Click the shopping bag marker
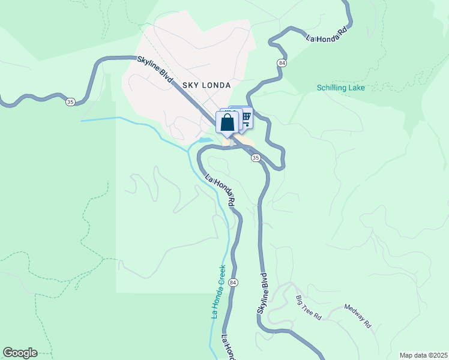(x=227, y=122)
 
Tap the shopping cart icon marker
(x=245, y=117)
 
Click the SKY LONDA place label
(x=203, y=85)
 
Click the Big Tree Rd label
(x=309, y=307)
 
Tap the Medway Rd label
(x=358, y=319)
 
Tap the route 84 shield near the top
(x=281, y=62)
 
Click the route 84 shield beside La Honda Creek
(x=234, y=283)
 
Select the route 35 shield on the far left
(x=70, y=103)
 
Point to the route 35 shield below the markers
(x=256, y=158)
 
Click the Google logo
(x=20, y=353)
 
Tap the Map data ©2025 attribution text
(x=423, y=355)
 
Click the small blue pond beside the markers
(x=205, y=141)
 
